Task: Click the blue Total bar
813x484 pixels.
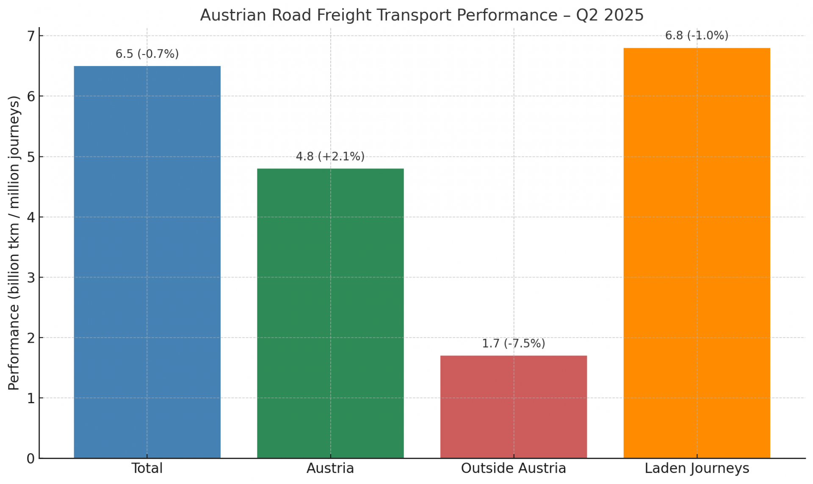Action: coord(147,262)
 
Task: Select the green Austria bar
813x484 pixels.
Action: coord(330,313)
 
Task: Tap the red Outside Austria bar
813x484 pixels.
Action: coord(513,407)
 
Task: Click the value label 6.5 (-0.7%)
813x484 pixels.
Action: coord(147,54)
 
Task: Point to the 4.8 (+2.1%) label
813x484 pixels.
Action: coord(330,157)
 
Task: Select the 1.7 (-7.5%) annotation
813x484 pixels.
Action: coord(513,344)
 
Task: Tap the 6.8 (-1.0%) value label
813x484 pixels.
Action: coord(697,36)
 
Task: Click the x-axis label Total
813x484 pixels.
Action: coord(147,468)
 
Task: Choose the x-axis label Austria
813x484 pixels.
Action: coord(330,468)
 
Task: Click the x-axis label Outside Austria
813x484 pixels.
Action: coord(513,468)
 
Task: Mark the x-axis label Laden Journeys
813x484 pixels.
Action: coord(697,468)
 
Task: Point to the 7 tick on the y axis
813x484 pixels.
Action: coord(30,36)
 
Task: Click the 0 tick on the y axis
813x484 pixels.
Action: coord(30,459)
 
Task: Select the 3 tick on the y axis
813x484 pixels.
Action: coord(30,278)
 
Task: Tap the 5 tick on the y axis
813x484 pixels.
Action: coord(30,157)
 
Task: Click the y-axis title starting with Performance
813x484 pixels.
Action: coord(14,243)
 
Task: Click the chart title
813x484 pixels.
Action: coord(422,15)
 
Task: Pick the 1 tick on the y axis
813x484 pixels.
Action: coord(30,399)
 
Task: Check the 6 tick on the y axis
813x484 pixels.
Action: coord(30,97)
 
